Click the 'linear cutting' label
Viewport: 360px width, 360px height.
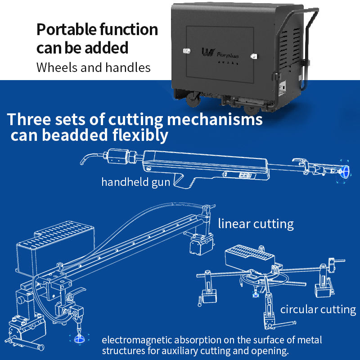256,224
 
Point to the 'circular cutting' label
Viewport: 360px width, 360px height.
318,310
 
